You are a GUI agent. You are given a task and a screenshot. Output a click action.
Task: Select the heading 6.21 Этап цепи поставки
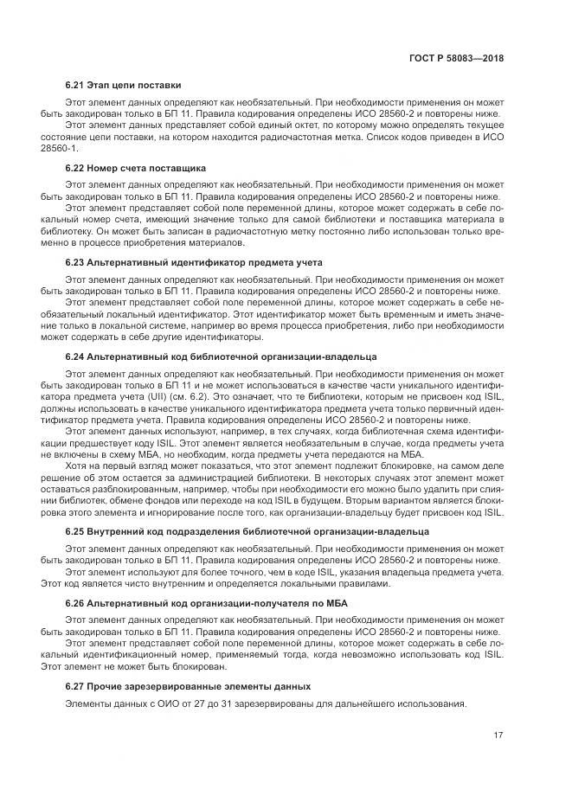coord(123,86)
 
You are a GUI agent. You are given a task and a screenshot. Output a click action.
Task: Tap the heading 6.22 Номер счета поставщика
coord(135,167)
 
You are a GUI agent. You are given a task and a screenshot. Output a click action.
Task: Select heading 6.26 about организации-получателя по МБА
coord(206,603)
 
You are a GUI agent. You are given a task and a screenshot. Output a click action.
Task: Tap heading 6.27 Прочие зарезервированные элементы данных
coord(188,685)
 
